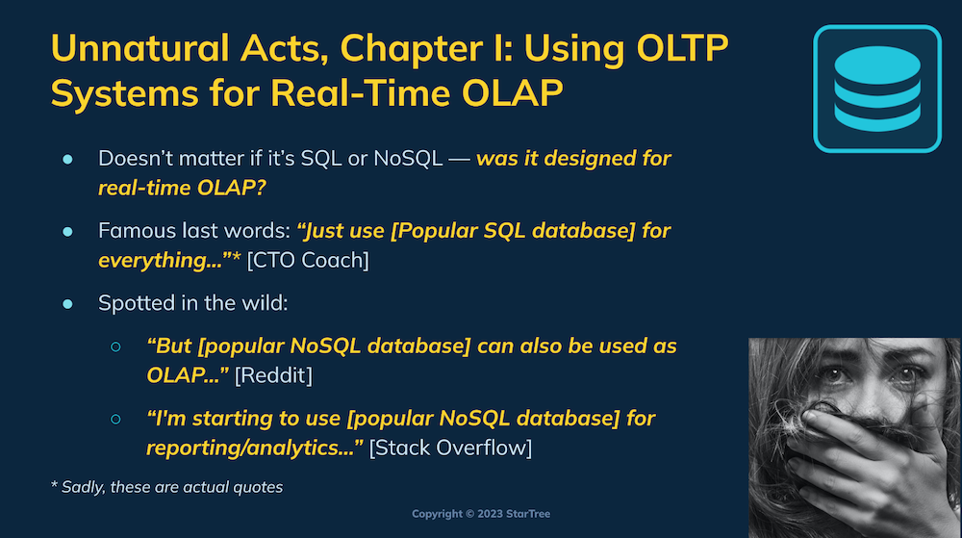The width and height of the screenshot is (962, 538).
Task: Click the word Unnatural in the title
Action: [139, 48]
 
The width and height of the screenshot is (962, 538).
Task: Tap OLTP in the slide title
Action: [682, 48]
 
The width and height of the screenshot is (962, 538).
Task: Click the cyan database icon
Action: [877, 89]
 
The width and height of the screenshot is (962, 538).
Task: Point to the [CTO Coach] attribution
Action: [308, 260]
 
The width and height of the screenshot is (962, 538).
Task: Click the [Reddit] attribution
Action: [273, 375]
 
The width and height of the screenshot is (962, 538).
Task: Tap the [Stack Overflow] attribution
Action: [450, 448]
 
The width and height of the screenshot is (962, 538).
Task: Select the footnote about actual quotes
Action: [166, 487]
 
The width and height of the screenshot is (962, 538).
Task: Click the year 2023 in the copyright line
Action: [491, 514]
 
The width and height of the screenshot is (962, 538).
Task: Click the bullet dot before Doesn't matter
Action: [67, 160]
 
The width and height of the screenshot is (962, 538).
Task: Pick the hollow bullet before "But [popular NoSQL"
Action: [115, 347]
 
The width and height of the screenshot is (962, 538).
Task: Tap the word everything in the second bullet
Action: [160, 261]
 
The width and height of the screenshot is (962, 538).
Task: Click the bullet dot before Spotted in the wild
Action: [67, 304]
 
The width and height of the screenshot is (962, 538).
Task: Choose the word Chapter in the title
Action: [412, 49]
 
